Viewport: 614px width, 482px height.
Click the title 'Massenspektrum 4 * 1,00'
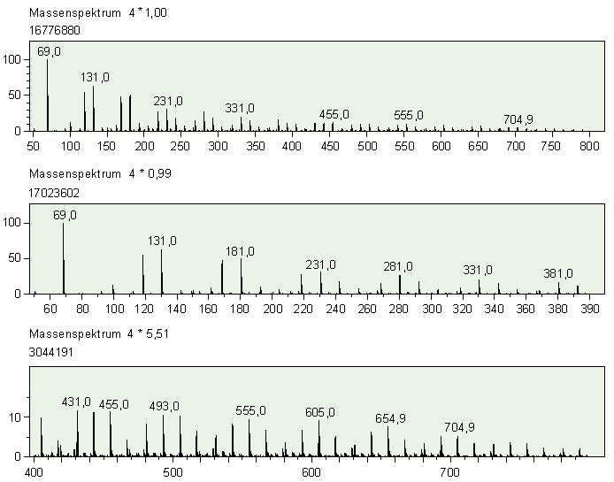97,14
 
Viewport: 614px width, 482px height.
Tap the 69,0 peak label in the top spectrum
49,51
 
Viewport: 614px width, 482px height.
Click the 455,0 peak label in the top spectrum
334,114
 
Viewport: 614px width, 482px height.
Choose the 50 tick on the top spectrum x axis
33,146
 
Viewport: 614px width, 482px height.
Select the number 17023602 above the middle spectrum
56,189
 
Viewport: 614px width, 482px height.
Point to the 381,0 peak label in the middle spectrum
558,273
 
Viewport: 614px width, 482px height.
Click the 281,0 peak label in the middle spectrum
398,265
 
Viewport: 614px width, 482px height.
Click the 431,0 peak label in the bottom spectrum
76,402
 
